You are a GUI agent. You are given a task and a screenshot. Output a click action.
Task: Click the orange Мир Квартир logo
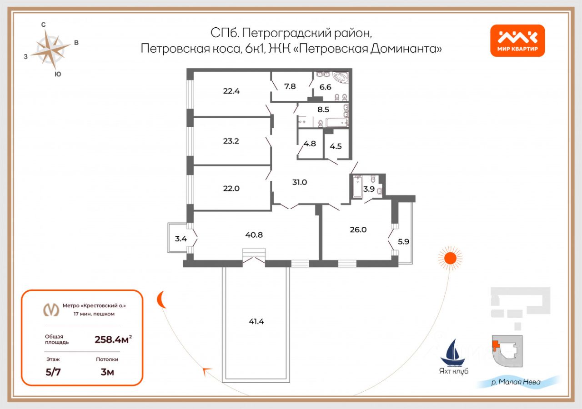(517, 40)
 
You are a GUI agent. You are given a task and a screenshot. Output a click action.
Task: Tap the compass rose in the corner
(50, 50)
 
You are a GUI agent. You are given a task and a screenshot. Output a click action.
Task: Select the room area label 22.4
(231, 90)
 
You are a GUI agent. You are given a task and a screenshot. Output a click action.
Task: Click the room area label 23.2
(231, 141)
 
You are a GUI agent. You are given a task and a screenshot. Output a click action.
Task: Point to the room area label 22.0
(231, 189)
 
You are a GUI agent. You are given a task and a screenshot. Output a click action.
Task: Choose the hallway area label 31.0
(300, 182)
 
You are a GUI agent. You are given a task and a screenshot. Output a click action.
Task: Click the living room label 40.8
(254, 235)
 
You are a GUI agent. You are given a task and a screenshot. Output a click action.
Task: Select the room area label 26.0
(358, 229)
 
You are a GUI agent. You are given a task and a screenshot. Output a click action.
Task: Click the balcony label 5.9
(403, 242)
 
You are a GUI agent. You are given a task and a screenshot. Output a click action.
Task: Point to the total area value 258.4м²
(113, 339)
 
